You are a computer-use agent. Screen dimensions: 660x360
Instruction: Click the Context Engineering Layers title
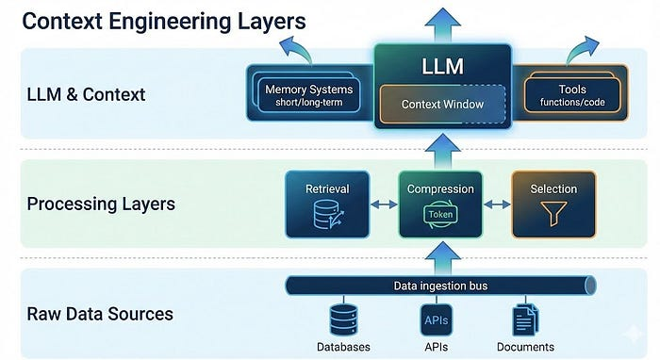click(164, 21)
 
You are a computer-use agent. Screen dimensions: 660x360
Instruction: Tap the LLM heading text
click(442, 67)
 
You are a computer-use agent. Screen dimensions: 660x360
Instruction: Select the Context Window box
click(442, 105)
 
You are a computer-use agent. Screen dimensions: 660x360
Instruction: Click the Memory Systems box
click(308, 95)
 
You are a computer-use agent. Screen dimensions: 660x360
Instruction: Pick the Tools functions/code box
click(572, 95)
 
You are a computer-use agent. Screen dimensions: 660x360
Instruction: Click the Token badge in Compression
click(440, 215)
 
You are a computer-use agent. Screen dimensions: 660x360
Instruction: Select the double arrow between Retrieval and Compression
click(384, 205)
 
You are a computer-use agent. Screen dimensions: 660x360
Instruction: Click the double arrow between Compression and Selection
click(497, 205)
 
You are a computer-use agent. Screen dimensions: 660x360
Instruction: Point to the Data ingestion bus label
click(440, 286)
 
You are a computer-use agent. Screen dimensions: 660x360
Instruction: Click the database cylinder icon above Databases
click(343, 320)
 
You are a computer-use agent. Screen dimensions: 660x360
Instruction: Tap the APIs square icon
click(436, 320)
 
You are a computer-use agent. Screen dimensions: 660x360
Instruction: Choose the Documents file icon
click(525, 320)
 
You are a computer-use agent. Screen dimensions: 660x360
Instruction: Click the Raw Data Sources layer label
click(100, 314)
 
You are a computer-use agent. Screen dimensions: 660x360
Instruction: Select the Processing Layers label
click(101, 205)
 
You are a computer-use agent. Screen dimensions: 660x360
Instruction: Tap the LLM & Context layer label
click(87, 94)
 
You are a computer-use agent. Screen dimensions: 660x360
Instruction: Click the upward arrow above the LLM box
click(442, 25)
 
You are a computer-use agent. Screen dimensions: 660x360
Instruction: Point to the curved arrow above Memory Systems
click(298, 50)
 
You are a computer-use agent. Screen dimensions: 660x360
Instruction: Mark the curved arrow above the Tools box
click(583, 50)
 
